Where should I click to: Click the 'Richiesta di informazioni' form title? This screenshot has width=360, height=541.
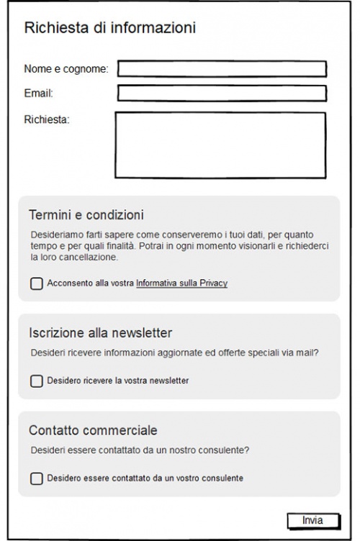click(110, 28)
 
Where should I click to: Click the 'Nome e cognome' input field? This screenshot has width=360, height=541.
click(222, 69)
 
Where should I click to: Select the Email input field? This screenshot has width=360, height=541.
click(222, 94)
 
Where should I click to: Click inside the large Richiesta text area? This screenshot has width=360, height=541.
click(220, 145)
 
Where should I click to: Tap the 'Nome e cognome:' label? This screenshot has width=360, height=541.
click(66, 69)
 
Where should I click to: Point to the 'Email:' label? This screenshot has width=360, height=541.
click(40, 93)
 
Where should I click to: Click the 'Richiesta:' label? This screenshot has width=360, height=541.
click(47, 119)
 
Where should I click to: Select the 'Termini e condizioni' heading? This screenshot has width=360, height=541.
click(87, 214)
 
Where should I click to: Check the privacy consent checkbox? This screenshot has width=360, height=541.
click(37, 284)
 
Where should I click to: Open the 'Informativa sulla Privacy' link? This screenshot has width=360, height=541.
click(181, 284)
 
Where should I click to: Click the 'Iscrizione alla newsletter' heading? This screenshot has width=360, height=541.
click(99, 332)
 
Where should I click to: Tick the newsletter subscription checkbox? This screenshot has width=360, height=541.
click(37, 381)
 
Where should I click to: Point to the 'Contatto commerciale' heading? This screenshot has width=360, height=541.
click(93, 430)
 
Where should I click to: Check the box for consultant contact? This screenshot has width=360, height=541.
click(37, 478)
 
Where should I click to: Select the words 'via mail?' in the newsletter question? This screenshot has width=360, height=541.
click(300, 353)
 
